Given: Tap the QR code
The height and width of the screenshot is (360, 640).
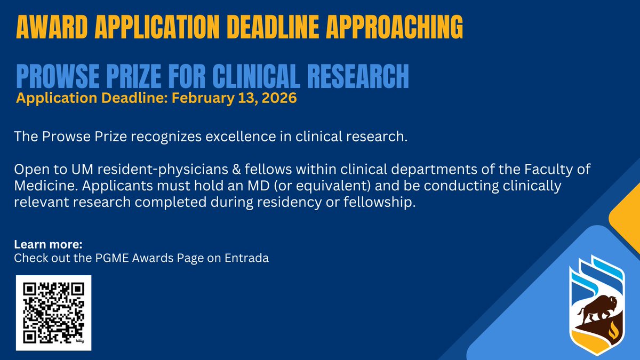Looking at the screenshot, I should click(x=53, y=313).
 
